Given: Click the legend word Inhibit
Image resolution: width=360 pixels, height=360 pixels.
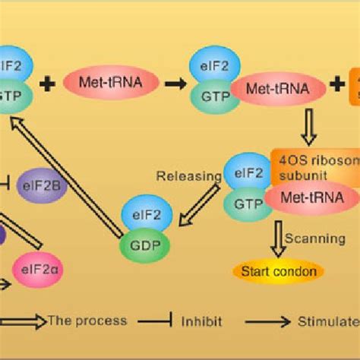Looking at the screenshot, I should point(201,321).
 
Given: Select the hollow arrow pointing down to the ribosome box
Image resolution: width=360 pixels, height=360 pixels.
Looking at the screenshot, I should point(308,127).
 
